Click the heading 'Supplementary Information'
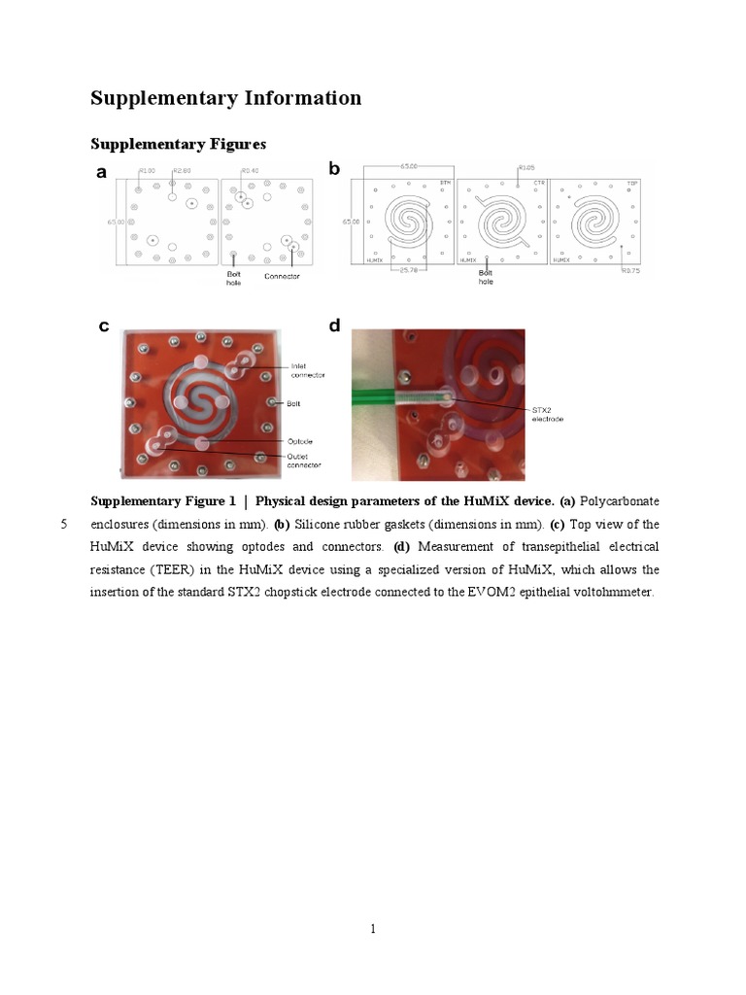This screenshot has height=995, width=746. (225, 98)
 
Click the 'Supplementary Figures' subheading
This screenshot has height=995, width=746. (178, 144)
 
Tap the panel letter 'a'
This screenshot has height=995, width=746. (102, 173)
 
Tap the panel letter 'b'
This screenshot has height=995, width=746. (334, 168)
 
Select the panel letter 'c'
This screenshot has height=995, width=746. (103, 326)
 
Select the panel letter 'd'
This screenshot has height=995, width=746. (334, 325)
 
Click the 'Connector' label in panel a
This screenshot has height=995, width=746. (282, 276)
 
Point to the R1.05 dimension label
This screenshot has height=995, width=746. (526, 168)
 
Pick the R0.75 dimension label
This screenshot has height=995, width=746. (631, 272)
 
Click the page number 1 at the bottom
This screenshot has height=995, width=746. (373, 929)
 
